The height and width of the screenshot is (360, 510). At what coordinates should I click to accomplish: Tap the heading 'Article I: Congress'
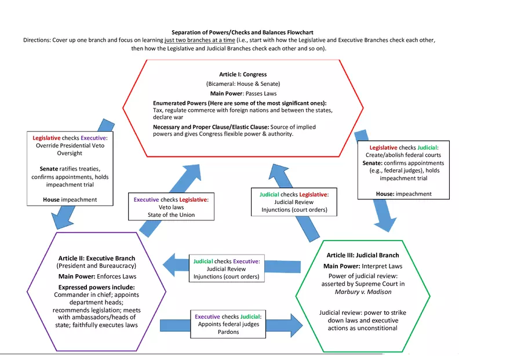[243, 75]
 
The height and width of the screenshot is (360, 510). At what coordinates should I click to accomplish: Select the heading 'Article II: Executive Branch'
[97, 258]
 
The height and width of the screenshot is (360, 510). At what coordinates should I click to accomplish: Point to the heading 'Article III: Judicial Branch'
[363, 255]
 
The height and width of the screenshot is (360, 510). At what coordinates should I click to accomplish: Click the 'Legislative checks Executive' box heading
[70, 138]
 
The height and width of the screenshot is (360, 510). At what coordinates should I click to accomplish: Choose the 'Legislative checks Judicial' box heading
[404, 147]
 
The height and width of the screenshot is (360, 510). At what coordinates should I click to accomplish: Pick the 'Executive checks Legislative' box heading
[170, 199]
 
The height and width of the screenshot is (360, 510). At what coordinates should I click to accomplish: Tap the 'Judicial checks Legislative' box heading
[294, 194]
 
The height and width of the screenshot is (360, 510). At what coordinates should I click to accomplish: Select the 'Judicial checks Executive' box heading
[226, 261]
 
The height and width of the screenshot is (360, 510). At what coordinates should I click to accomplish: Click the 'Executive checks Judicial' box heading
[228, 317]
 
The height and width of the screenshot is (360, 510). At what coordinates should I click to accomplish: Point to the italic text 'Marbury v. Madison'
[363, 292]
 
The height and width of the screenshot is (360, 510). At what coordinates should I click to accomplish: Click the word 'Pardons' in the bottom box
[228, 332]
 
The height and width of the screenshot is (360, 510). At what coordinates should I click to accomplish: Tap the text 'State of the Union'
[170, 214]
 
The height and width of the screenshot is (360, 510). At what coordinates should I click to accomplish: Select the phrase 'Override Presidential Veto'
[70, 146]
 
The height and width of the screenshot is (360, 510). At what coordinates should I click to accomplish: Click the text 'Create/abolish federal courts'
[404, 155]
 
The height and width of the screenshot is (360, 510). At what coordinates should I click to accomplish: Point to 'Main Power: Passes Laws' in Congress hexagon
[243, 93]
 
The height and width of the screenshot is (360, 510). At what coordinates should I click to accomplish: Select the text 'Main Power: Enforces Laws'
[97, 276]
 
